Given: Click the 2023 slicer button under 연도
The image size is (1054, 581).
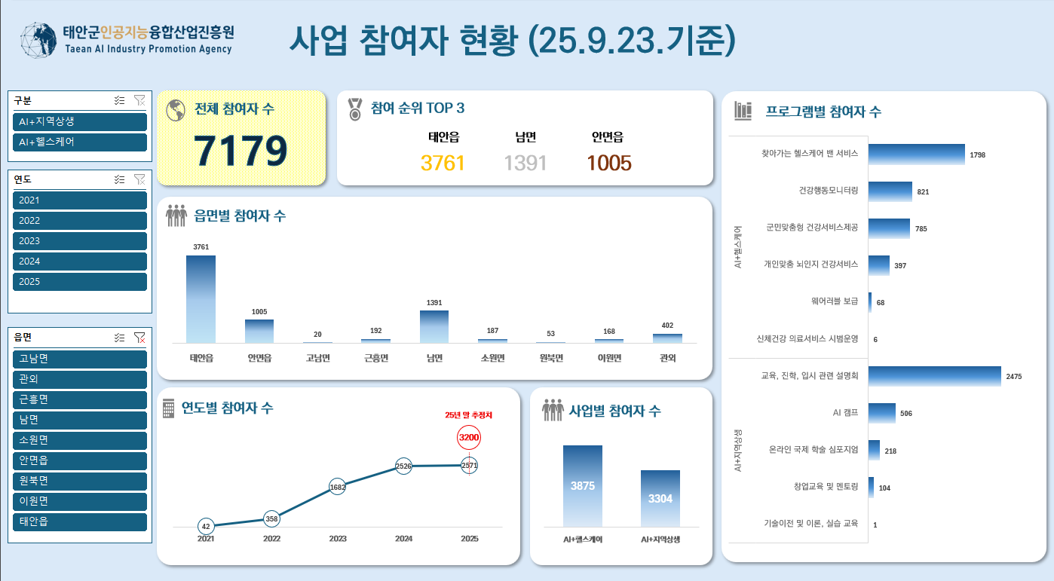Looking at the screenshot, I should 79,241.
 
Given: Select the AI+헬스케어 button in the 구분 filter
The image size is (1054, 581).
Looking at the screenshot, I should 79,142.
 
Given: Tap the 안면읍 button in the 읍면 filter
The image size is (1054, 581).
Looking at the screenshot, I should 79,460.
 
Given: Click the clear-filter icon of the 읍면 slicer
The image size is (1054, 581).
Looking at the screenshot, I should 139,338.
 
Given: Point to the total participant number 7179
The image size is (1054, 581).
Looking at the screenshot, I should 241,151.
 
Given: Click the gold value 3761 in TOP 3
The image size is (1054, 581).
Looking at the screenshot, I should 443,163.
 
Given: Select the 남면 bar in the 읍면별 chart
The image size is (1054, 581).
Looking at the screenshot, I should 434,326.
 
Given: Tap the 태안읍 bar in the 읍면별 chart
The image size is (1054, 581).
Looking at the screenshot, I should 201,299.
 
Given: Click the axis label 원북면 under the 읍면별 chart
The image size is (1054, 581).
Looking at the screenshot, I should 550,358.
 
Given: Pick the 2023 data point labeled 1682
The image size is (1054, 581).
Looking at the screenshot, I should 338,488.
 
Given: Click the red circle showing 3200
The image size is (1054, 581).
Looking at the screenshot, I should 469,437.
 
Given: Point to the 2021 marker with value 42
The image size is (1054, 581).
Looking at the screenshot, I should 206,526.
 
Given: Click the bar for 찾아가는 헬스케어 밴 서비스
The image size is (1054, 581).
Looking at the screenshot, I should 916,154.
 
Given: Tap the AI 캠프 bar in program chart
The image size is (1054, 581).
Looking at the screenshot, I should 882,413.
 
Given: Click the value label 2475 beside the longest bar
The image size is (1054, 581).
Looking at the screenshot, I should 1013,376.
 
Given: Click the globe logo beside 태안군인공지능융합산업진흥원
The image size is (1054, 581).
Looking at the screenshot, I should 38,40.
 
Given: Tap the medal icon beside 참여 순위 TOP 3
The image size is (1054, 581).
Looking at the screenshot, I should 355,109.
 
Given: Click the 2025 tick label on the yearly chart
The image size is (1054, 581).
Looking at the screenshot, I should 469,539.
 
